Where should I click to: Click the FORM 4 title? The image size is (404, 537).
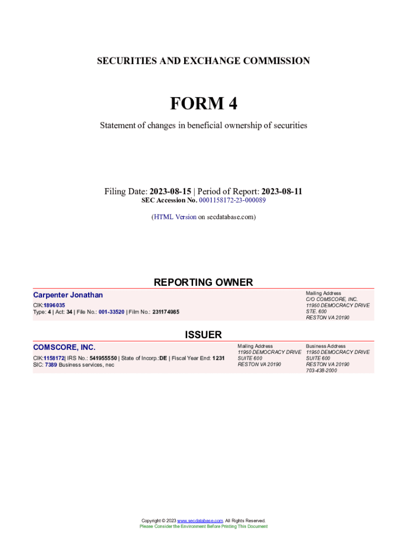[203, 103]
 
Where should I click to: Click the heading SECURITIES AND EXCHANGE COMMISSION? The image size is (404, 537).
[203, 61]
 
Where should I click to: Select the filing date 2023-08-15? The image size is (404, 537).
[172, 191]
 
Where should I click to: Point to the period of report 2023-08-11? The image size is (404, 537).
[282, 191]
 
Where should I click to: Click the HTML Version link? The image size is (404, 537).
[175, 217]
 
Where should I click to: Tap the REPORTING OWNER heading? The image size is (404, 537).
[203, 282]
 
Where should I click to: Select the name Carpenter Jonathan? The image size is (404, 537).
[68, 295]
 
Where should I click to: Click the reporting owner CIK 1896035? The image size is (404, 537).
[55, 305]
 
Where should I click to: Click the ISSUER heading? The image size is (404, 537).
[203, 335]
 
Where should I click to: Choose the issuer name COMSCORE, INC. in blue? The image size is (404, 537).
[65, 347]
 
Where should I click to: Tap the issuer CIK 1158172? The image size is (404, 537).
[54, 358]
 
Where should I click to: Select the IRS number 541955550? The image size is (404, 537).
[104, 358]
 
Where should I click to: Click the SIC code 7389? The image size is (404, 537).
[51, 364]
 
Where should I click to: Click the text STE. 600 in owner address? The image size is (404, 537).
[316, 312]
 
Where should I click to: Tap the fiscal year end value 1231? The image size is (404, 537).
[218, 358]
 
